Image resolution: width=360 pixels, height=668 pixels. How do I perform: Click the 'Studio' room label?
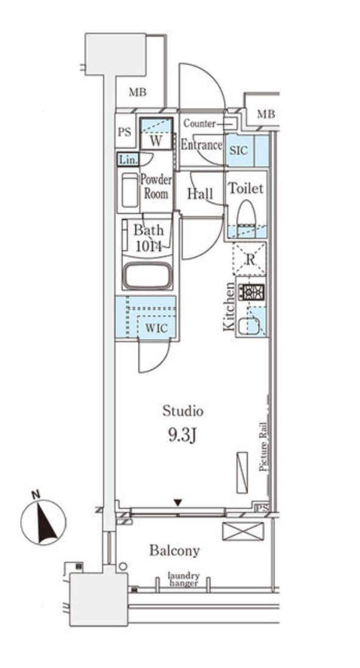(x=182, y=411)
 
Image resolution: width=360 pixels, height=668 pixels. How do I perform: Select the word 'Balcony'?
(x=175, y=550)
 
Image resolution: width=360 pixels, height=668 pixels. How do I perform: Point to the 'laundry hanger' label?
(x=184, y=579)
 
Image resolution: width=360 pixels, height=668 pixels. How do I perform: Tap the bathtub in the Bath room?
(x=148, y=276)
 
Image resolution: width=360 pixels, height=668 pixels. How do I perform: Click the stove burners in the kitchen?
(x=251, y=291)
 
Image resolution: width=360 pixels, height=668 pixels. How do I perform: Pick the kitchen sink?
(x=249, y=326)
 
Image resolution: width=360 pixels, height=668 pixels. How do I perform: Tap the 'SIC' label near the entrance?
(x=238, y=148)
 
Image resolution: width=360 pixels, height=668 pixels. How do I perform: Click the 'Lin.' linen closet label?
(x=128, y=160)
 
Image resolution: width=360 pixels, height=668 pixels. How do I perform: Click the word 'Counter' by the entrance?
(x=199, y=123)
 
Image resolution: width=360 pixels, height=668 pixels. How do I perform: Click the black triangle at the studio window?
(x=178, y=503)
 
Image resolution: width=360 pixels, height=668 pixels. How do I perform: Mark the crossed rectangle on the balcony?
(x=242, y=531)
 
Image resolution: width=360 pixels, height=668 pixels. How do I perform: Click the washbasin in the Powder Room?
(x=129, y=191)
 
